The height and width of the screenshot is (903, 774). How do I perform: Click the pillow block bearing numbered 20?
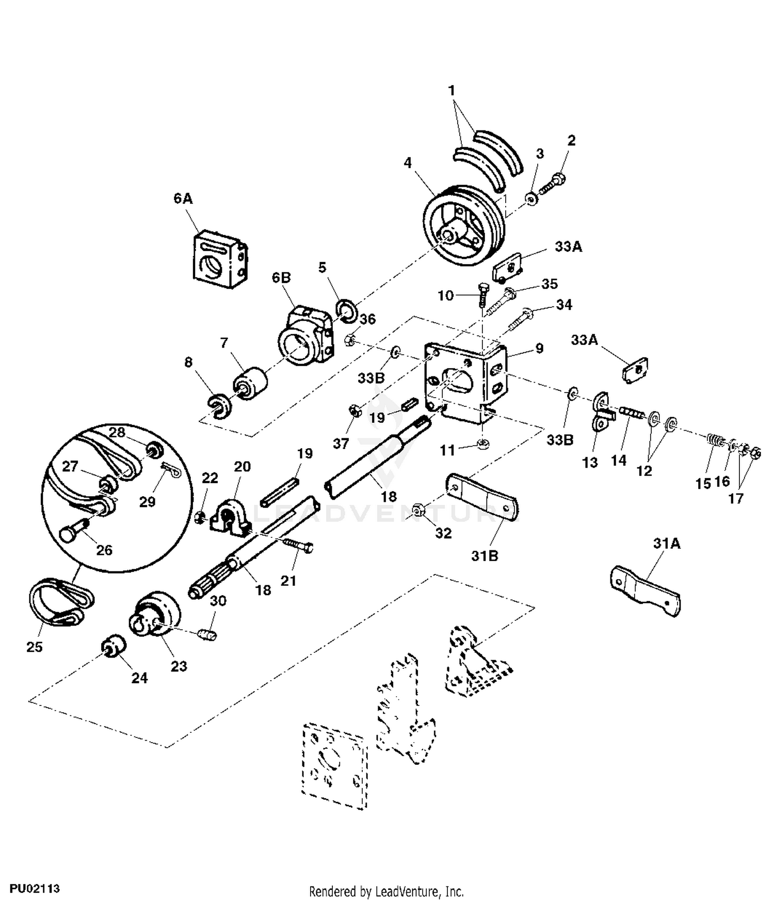[230, 517]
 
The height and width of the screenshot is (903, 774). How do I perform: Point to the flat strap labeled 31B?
[482, 496]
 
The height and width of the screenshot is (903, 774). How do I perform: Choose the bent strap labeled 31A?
[646, 590]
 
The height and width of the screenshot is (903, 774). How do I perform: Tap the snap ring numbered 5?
[346, 310]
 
